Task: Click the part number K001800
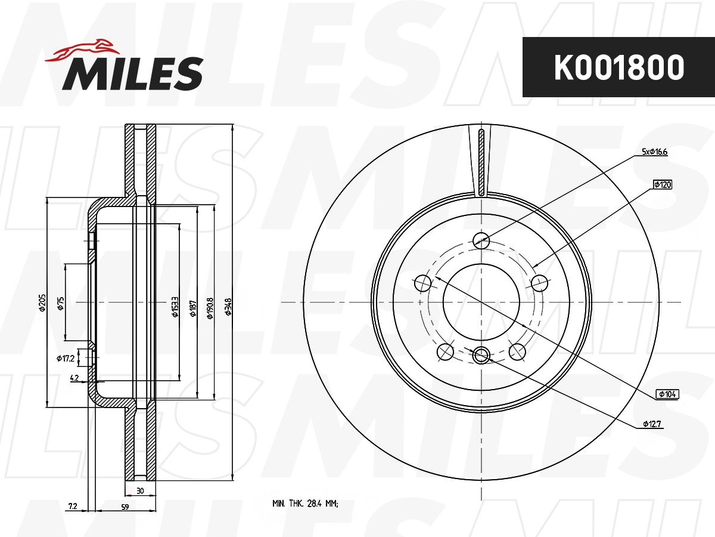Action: click(618, 68)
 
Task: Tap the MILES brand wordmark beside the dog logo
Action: click(132, 73)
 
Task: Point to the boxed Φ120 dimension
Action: click(663, 185)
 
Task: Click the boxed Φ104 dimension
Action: click(667, 394)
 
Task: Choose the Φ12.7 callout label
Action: click(653, 424)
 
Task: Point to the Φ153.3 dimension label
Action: click(175, 307)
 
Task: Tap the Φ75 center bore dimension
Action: click(60, 303)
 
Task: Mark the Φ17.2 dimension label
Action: click(65, 359)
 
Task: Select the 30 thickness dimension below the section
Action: click(140, 491)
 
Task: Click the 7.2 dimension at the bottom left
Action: click(73, 507)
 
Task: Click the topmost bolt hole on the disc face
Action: click(481, 240)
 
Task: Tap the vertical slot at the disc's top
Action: click(481, 162)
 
